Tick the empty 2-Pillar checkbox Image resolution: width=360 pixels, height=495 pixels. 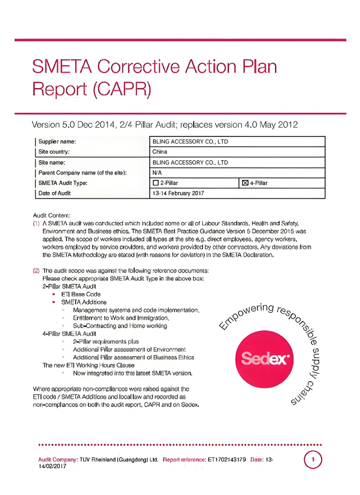click(x=156, y=183)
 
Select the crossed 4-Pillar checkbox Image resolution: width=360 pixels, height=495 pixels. click(x=245, y=183)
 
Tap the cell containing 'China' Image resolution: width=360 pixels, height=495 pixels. click(x=160, y=152)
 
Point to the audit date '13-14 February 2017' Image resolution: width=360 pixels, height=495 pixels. click(x=178, y=193)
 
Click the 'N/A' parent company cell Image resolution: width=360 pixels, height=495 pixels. click(x=157, y=173)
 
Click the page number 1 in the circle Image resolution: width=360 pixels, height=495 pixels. click(x=313, y=460)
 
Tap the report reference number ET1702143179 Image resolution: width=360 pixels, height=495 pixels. click(x=226, y=460)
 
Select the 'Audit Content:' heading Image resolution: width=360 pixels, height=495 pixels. click(x=52, y=216)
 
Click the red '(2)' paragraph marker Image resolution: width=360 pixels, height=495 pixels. click(x=36, y=271)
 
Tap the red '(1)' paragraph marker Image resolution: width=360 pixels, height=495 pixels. click(x=36, y=223)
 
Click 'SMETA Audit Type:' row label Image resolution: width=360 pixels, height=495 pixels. click(x=63, y=183)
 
